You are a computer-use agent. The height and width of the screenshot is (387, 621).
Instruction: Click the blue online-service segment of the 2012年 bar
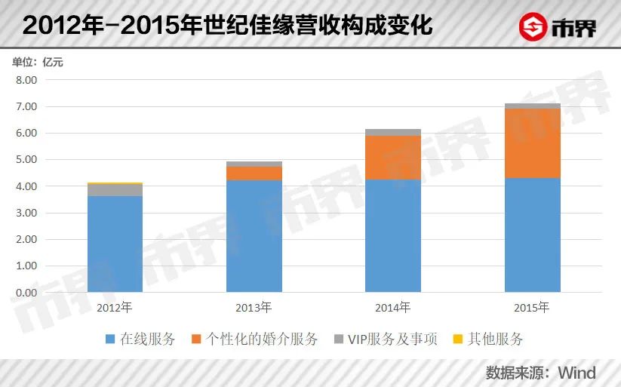click(115, 244)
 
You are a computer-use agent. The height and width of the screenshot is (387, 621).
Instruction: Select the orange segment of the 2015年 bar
click(532, 143)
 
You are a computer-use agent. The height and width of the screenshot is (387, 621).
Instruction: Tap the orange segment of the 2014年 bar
click(393, 157)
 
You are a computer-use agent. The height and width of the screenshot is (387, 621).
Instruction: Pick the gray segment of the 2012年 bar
click(115, 189)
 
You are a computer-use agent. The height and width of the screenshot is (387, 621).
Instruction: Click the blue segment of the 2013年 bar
click(254, 236)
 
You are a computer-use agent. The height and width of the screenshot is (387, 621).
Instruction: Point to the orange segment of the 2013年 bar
click(254, 173)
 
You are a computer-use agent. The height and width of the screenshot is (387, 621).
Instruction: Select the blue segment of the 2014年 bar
click(393, 236)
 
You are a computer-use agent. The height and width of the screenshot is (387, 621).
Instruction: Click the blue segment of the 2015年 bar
click(532, 235)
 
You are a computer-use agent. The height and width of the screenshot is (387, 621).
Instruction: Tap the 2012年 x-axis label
click(115, 308)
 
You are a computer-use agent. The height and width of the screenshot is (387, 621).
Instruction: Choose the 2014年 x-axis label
click(393, 308)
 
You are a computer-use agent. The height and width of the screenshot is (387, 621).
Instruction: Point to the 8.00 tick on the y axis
click(26, 80)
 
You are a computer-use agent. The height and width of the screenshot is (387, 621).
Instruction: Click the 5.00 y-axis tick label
click(26, 160)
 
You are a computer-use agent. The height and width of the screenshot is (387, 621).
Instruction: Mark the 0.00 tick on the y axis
click(26, 293)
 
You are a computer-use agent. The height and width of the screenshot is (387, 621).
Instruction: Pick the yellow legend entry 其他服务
click(488, 339)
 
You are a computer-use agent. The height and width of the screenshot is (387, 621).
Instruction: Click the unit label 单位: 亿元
click(38, 62)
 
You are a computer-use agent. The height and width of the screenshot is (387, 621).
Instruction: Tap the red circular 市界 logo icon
click(533, 28)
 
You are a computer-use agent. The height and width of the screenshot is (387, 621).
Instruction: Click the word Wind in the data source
click(576, 373)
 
